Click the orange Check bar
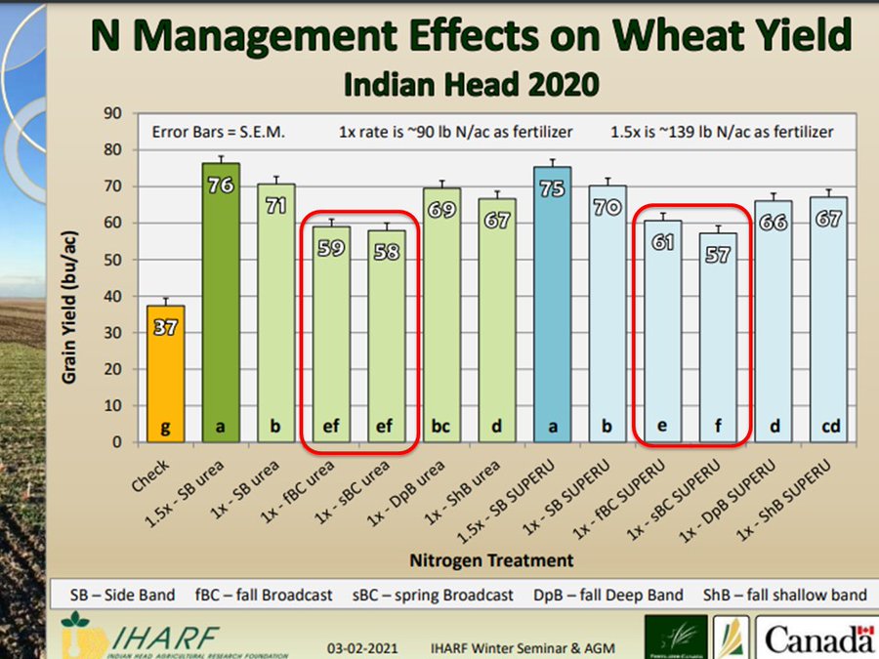[x=165, y=376]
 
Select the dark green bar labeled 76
[x=221, y=303]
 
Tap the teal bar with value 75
[x=552, y=303]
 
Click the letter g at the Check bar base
[x=165, y=427]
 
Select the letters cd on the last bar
[x=828, y=427]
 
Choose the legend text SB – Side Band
[x=123, y=595]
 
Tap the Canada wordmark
[x=818, y=640]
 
